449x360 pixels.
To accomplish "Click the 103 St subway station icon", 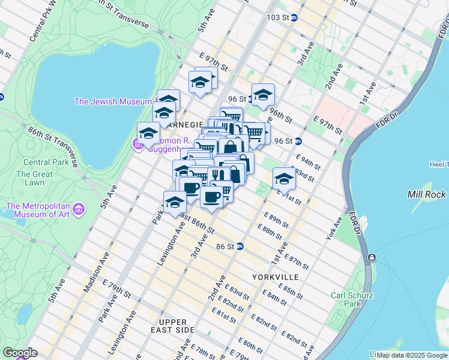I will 294,17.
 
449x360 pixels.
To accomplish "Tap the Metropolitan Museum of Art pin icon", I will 79,210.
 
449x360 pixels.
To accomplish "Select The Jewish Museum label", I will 112,101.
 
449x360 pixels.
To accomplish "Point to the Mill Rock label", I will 426,194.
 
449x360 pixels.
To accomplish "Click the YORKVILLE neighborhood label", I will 276,277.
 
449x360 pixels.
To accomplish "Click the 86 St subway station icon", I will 240,246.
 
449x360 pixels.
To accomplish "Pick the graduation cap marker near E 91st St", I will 284,178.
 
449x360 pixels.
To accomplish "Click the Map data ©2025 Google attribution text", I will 412,355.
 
